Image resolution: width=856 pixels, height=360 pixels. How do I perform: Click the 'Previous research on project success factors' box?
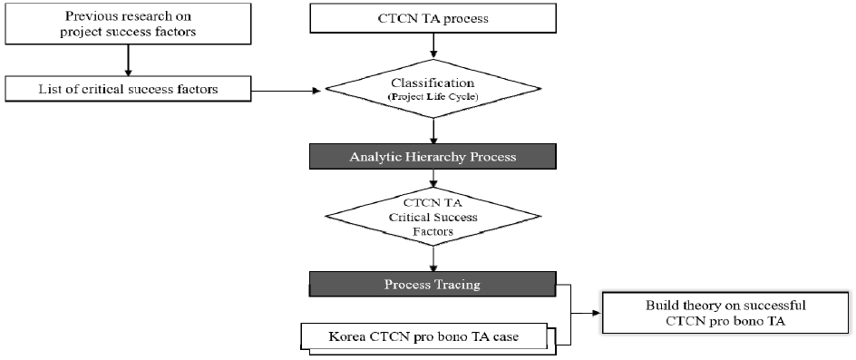pos(127,24)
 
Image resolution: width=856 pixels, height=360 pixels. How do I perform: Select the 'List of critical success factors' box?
pos(127,89)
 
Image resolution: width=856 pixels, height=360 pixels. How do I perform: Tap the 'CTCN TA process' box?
pos(433,18)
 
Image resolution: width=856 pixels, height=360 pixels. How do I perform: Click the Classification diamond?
pos(433,89)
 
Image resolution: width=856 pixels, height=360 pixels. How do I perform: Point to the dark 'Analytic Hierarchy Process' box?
pos(433,157)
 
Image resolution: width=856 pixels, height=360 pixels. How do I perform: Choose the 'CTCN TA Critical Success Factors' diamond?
pos(433,217)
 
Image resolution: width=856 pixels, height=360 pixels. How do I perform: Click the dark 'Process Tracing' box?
pos(432,284)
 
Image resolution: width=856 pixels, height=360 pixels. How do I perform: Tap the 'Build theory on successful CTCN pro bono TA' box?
pos(725,313)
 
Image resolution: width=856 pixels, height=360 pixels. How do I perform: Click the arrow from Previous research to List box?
pos(127,60)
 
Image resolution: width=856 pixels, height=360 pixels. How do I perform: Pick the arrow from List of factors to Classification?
pos(286,90)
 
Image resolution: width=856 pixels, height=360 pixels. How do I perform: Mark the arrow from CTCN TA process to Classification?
pos(433,45)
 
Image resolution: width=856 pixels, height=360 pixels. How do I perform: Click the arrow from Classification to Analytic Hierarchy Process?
pos(433,131)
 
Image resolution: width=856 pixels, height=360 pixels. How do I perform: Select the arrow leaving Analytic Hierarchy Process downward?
pos(433,178)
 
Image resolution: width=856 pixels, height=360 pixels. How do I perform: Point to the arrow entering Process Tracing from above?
pos(433,259)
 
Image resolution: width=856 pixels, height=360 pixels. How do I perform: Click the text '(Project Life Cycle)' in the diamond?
pos(433,97)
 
